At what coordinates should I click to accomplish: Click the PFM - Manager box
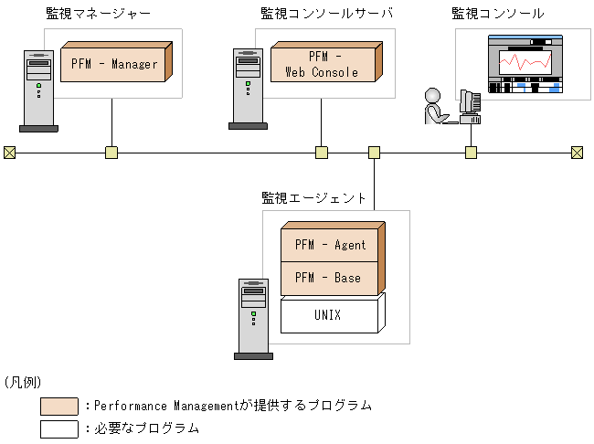coord(114,64)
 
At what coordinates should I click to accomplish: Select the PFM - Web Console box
coord(322,65)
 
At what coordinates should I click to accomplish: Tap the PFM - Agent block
coord(330,245)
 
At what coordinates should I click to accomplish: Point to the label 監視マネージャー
coord(99,14)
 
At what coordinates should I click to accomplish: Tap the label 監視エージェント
coord(313,197)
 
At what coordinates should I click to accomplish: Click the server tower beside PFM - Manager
coord(38,88)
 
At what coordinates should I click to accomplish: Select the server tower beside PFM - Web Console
coord(246,88)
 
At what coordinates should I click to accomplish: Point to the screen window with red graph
coord(523,62)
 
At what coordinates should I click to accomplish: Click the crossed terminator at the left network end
coord(9,153)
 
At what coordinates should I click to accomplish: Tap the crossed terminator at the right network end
coord(577,153)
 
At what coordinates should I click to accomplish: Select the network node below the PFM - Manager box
coord(111,153)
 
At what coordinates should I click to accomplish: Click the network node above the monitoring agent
coord(374,153)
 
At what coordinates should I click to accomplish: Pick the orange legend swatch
coord(59,406)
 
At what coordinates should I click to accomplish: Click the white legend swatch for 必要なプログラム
coord(59,428)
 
